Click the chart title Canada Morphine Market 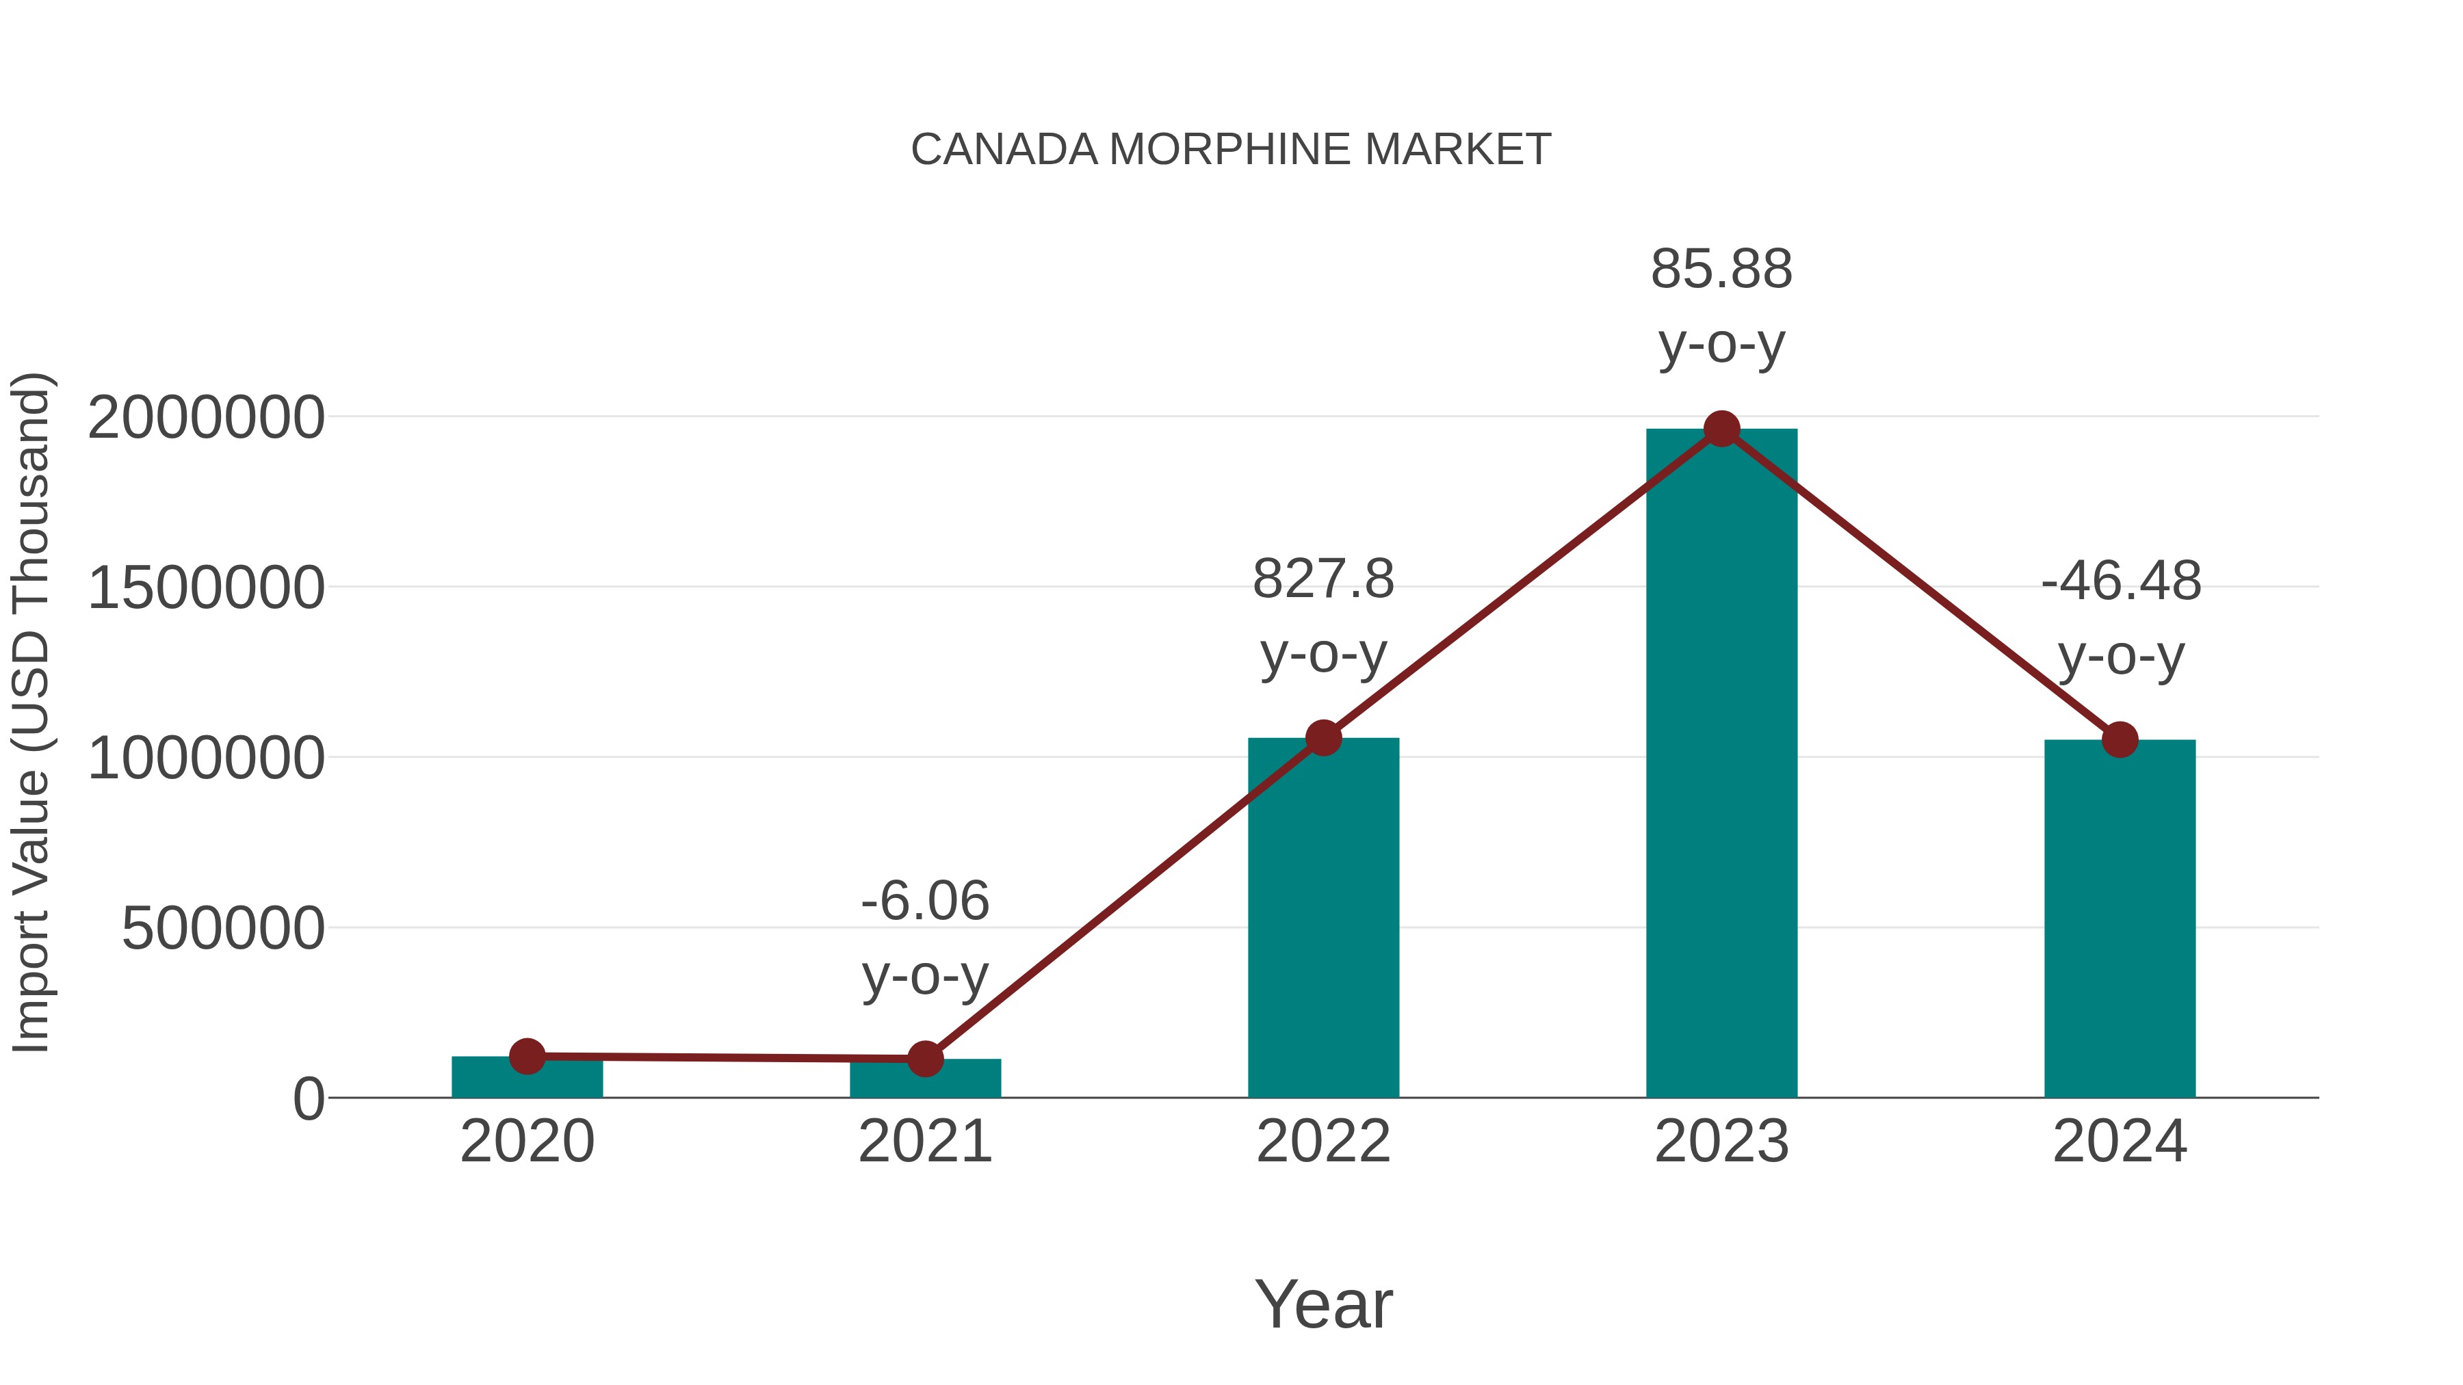1231,150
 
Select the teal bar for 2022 1323,918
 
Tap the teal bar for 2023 1721,765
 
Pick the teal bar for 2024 2120,918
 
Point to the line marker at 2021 924,1058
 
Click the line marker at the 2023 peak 1721,429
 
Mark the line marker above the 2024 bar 2120,739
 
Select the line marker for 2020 527,1056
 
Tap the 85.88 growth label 1721,269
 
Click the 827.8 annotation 1323,579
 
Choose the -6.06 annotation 924,901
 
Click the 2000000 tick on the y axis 205,418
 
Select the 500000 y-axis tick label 223,928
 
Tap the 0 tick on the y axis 309,1099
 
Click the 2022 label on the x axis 1323,1142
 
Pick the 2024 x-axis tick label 2120,1142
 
